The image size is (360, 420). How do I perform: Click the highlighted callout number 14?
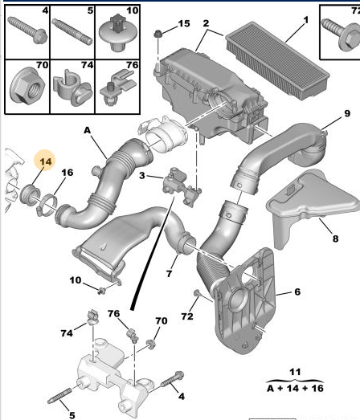pyautogui.click(x=46, y=161)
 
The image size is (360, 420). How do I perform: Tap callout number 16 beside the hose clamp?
pyautogui.click(x=67, y=173)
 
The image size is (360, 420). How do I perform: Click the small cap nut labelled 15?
pyautogui.click(x=157, y=34)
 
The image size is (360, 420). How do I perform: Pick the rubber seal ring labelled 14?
pyautogui.click(x=30, y=194)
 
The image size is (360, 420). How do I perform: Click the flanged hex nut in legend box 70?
pyautogui.click(x=27, y=85)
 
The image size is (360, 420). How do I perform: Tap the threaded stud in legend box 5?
pyautogui.click(x=72, y=31)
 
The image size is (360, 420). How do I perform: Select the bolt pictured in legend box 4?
pyautogui.click(x=27, y=30)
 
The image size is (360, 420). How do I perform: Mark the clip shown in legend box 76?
pyautogui.click(x=118, y=87)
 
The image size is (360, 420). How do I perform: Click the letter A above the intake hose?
pyautogui.click(x=88, y=130)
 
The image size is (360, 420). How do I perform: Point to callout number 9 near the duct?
pyautogui.click(x=347, y=113)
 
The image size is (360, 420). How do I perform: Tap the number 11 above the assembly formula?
pyautogui.click(x=295, y=372)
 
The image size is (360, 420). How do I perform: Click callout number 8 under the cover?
pyautogui.click(x=335, y=239)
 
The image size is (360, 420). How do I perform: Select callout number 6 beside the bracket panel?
pyautogui.click(x=297, y=292)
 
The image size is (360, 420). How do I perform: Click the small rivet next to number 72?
pyautogui.click(x=197, y=293)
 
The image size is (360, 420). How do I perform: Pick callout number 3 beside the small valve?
pyautogui.click(x=142, y=175)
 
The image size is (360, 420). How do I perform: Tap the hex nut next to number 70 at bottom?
pyautogui.click(x=150, y=344)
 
